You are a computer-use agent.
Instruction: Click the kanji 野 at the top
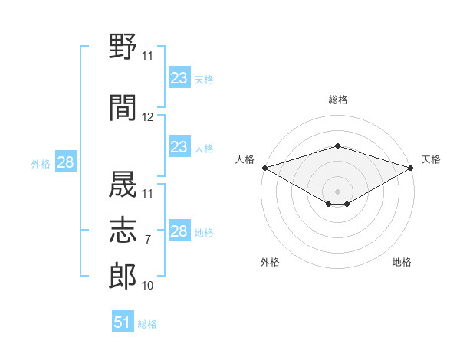(123, 46)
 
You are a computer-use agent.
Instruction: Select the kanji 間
(123, 107)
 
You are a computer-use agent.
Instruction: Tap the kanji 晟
(123, 184)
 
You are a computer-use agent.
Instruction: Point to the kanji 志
(123, 230)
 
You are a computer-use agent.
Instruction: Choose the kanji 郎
(123, 276)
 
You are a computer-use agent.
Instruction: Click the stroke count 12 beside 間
(147, 117)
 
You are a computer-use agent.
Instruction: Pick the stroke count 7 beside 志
(148, 240)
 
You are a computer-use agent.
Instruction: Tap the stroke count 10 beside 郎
(147, 286)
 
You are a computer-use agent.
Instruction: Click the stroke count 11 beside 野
(147, 56)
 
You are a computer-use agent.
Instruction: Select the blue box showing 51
(123, 321)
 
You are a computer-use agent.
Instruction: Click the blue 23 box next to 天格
(179, 77)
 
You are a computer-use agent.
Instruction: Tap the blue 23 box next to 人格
(179, 146)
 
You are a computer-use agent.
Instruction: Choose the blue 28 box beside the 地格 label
(179, 230)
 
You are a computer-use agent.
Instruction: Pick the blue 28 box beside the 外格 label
(66, 162)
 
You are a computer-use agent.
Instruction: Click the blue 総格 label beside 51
(147, 324)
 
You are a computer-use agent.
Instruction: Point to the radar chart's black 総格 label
(338, 100)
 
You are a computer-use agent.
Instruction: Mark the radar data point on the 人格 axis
(265, 168)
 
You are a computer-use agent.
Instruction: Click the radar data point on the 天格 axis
(411, 168)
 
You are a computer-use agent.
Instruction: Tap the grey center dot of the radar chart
(337, 191)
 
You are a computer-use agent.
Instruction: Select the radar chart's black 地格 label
(402, 262)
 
